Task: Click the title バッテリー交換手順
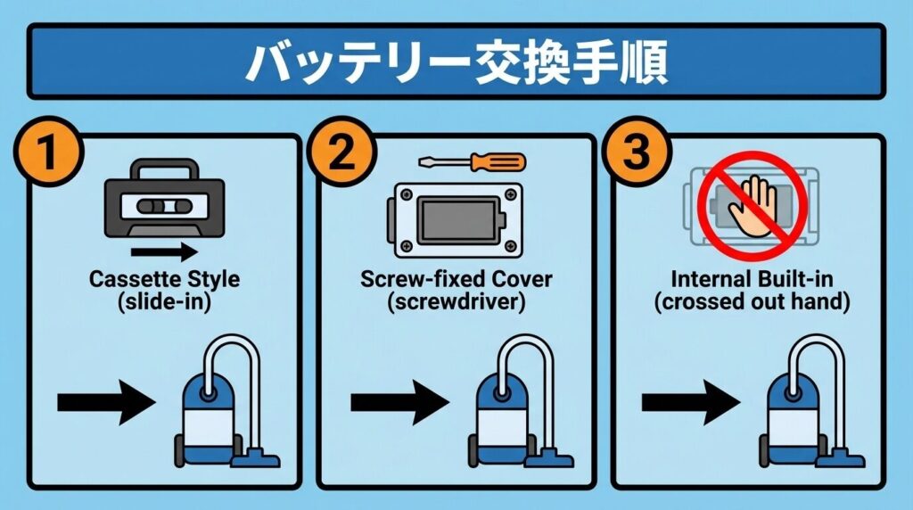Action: click(456, 61)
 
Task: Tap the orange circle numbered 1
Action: click(45, 153)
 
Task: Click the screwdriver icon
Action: click(473, 163)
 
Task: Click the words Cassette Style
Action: click(165, 279)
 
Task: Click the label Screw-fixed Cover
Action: click(456, 279)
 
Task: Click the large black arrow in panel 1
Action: click(105, 404)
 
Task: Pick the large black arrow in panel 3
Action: click(689, 404)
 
